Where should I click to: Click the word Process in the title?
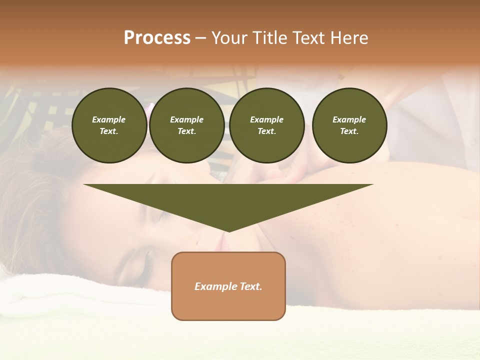coord(157,38)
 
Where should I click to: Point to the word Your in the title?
coord(229,38)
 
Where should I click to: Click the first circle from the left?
coord(109,125)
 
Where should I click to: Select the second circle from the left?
coord(186,125)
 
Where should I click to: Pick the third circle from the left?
coord(266,125)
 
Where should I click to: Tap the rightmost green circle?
coord(349,125)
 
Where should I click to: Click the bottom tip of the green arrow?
coord(228,231)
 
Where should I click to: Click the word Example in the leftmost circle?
coord(109,119)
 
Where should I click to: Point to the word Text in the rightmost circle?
coord(349,131)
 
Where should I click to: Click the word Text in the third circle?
coord(266,131)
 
